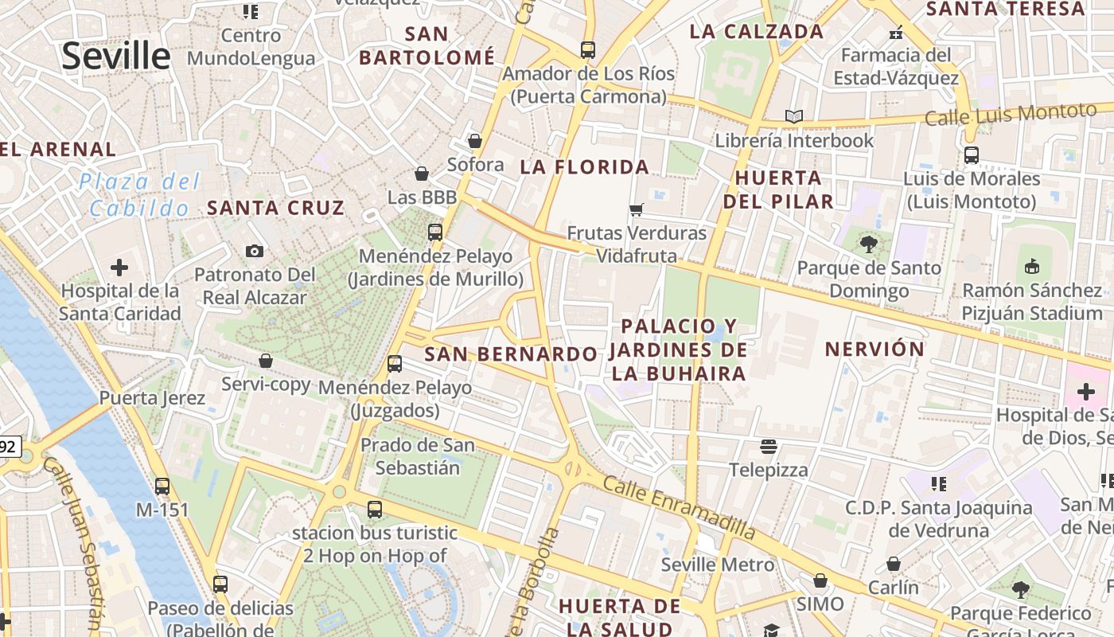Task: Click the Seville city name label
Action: pos(116,56)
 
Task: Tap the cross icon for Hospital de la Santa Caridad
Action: pos(119,268)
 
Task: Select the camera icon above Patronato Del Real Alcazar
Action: pos(255,252)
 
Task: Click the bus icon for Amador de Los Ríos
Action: pos(588,50)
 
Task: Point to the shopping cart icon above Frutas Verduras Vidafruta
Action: pos(636,210)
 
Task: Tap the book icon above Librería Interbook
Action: pos(793,117)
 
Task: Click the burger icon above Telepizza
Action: pos(768,447)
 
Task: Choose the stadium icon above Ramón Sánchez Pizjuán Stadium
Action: pos(1032,266)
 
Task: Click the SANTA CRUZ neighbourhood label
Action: pos(275,209)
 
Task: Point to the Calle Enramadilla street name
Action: pos(679,506)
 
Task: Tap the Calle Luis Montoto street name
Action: pos(1011,114)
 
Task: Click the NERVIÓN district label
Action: pos(874,349)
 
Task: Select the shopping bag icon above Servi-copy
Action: pos(266,361)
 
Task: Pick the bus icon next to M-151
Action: pos(162,486)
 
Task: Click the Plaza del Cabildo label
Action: pos(139,195)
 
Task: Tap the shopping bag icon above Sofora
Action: pos(475,142)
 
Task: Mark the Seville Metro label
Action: pos(718,565)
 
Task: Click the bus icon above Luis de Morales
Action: pos(971,155)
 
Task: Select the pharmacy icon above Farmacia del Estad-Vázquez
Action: pos(896,33)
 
